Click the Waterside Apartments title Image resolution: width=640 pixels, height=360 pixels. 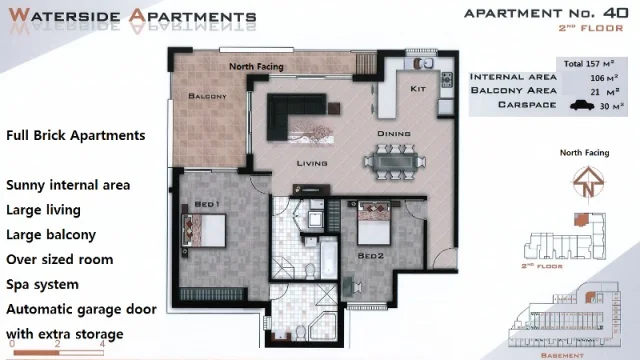(x=130, y=17)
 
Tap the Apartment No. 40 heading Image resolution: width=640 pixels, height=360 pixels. (x=546, y=13)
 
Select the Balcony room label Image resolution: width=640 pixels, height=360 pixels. (x=208, y=97)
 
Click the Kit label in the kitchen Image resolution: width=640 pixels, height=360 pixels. (x=419, y=89)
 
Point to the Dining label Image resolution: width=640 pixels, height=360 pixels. (x=394, y=133)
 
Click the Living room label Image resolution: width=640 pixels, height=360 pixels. (x=312, y=163)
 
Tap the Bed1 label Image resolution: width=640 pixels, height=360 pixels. (x=206, y=204)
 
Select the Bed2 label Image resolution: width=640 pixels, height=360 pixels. (x=371, y=255)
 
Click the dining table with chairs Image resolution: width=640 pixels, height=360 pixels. (x=399, y=159)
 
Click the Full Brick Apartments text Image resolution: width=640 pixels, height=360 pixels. (x=76, y=135)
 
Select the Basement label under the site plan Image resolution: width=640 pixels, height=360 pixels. (x=567, y=353)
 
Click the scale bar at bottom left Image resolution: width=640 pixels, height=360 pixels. (x=55, y=349)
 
